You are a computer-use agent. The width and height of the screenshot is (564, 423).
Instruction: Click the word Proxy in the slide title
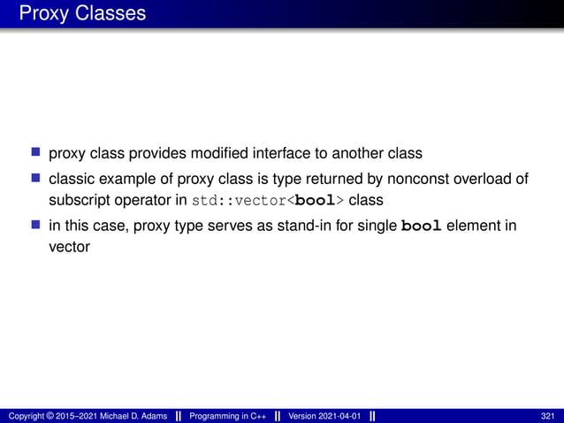pos(42,14)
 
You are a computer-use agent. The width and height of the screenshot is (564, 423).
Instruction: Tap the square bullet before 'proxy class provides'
pos(36,154)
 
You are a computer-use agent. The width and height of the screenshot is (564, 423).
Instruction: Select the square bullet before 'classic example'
pos(36,180)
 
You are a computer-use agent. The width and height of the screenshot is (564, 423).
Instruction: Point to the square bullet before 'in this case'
pos(36,226)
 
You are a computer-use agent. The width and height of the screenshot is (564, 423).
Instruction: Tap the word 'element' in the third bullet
pos(476,226)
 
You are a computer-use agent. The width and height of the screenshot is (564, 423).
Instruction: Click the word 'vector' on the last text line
pos(69,249)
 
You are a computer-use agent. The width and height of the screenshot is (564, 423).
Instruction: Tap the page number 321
pos(548,416)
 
